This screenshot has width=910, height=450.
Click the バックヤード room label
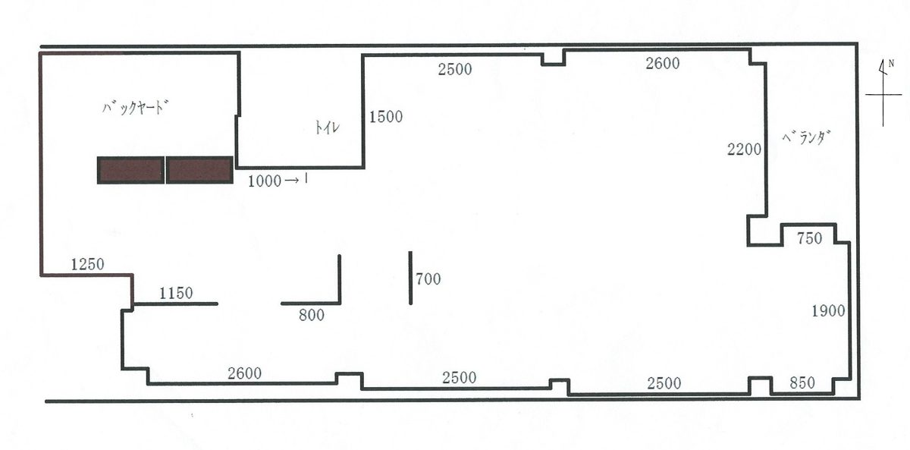136,108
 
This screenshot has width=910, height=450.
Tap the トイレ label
327,127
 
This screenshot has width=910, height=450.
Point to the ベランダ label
805,137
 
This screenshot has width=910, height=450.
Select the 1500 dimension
386,117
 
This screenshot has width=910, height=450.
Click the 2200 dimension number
744,149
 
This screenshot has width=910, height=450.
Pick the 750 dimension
810,238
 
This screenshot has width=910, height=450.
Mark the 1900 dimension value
828,311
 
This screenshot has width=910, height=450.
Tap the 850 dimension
802,382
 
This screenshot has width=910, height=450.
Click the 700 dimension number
428,278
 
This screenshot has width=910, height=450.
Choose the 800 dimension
312,315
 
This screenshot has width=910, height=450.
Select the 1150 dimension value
176,293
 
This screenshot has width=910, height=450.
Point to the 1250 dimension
88,265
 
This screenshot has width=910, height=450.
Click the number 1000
265,181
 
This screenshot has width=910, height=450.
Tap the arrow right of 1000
292,181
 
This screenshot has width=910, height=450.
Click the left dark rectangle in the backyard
130,170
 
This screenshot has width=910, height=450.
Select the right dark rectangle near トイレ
199,170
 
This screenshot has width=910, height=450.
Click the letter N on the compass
891,64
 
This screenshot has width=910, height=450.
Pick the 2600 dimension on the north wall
663,64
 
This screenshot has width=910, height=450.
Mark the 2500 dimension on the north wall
455,70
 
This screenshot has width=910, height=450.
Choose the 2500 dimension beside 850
664,383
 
